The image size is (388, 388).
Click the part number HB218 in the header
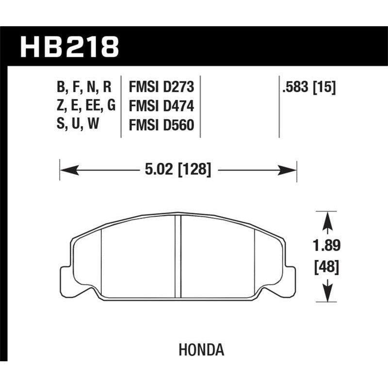point(69,48)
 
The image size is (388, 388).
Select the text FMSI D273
point(161,88)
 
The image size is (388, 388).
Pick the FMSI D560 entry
point(161,126)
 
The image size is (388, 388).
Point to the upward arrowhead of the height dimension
point(328,218)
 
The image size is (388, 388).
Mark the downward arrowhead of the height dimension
point(328,296)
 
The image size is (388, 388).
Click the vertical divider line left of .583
point(279,107)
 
